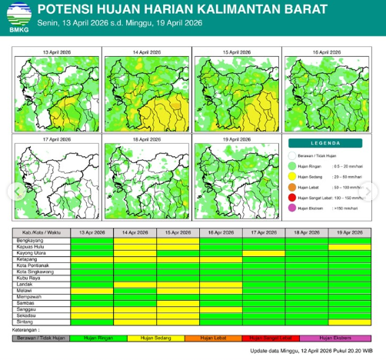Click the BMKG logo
pyautogui.click(x=16, y=16)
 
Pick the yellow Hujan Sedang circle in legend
pyautogui.click(x=292, y=175)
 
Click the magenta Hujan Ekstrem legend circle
pyautogui.click(x=292, y=208)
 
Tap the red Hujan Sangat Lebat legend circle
pyautogui.click(x=292, y=197)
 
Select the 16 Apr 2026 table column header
pyautogui.click(x=221, y=232)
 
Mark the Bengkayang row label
pyautogui.click(x=28, y=240)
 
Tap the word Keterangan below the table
pyautogui.click(x=25, y=330)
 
